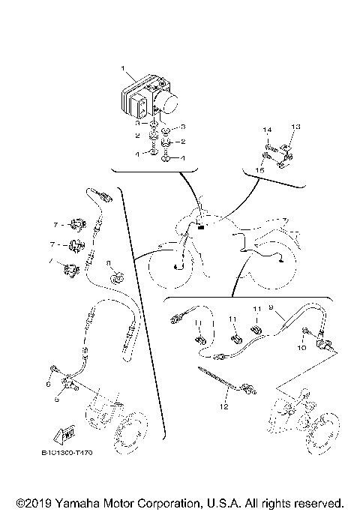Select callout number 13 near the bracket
(x=295, y=127)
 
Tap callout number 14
(x=266, y=130)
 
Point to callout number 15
(x=261, y=171)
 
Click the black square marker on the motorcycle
(x=200, y=228)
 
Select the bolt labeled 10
(x=307, y=331)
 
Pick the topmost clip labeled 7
(x=76, y=223)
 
